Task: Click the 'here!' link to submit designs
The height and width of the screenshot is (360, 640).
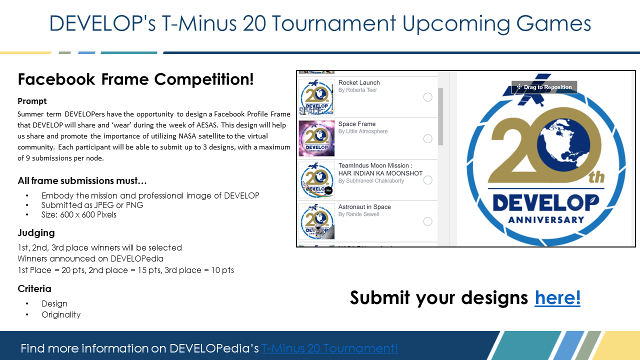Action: [557, 297]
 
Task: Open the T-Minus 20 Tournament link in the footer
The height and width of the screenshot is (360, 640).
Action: [329, 348]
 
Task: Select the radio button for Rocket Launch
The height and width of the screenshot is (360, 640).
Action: [427, 97]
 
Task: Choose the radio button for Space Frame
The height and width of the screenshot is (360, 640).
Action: [427, 138]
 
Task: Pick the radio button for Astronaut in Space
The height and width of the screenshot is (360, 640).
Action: [427, 221]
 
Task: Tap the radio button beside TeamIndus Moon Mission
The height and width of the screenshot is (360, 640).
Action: [427, 180]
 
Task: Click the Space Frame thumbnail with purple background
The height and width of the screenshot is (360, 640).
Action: [316, 138]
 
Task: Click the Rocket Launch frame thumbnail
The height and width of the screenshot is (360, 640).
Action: [316, 97]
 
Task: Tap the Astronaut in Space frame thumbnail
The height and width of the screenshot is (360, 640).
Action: [316, 221]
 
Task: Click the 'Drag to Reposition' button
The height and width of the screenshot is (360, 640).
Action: [544, 87]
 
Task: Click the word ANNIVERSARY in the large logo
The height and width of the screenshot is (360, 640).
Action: [546, 219]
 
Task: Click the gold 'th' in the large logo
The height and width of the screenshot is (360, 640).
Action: [596, 177]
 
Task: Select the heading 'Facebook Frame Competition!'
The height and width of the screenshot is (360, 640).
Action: [135, 79]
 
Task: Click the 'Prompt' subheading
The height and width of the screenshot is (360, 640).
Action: [32, 101]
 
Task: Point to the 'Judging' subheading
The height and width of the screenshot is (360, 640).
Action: [36, 233]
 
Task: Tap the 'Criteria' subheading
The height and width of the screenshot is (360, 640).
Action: [34, 288]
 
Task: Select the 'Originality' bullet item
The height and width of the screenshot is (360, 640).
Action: [61, 314]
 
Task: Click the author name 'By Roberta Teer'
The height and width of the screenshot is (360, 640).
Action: [357, 90]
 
